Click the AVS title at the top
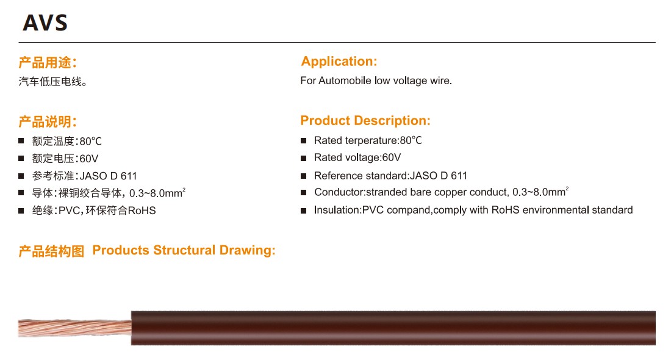45,23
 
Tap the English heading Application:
339,61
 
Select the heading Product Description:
365,121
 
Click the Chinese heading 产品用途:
48,62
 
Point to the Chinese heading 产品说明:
48,121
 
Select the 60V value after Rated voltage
391,157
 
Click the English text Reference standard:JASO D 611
390,176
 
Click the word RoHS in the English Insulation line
506,210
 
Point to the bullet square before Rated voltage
304,158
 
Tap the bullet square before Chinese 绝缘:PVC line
21,210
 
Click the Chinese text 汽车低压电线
52,81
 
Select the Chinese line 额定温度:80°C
66,142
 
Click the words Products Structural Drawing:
184,250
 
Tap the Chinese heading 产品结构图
51,251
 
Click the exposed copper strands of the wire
75,328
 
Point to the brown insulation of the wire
393,328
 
